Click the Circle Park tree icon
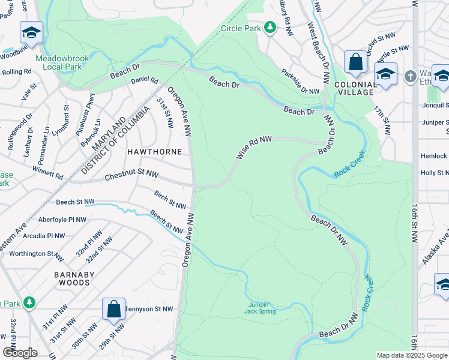coord(271,28)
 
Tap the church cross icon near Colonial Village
coord(410,76)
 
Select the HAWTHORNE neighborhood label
coord(154,152)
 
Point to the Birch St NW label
coord(170,200)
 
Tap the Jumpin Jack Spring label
coord(260,308)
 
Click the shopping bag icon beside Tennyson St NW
coord(113,309)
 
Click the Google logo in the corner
coord(20,353)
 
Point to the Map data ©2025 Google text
coord(412,355)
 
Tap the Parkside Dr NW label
coord(301,81)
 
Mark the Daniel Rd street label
coord(144,80)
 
